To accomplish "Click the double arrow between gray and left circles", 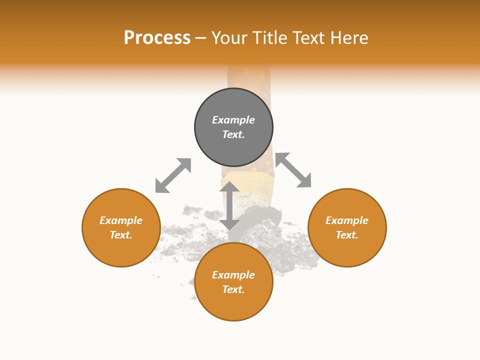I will pyautogui.click(x=173, y=175).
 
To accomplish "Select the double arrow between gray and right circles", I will pyautogui.click(x=293, y=170).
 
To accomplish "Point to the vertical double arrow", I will pyautogui.click(x=229, y=205).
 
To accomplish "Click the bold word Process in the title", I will pyautogui.click(x=157, y=37).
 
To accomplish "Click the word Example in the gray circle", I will pyautogui.click(x=233, y=120).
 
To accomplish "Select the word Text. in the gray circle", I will pyautogui.click(x=233, y=134).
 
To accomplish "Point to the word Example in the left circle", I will pyautogui.click(x=121, y=220).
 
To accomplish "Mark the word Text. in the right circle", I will pyautogui.click(x=347, y=235).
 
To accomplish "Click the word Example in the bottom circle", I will pyautogui.click(x=233, y=275).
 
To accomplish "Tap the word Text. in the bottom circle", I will pyautogui.click(x=233, y=289).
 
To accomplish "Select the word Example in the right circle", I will pyautogui.click(x=347, y=220).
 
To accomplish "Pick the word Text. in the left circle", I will pyautogui.click(x=121, y=235).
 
